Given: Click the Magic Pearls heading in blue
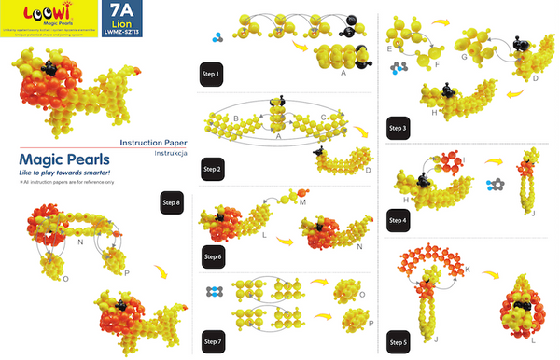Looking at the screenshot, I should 59,159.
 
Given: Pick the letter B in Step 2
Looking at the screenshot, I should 236,118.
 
